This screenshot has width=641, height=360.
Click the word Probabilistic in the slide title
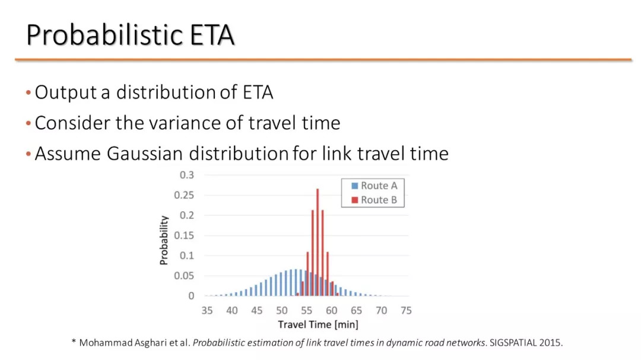click(x=104, y=35)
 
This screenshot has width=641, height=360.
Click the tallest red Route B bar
click(x=318, y=243)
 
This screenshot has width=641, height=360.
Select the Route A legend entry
click(x=374, y=186)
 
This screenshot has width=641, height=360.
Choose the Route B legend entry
click(x=374, y=200)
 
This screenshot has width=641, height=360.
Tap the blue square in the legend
click(x=354, y=186)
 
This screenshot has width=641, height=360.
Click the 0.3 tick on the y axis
click(x=187, y=175)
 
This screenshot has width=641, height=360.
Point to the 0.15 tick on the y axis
click(x=184, y=235)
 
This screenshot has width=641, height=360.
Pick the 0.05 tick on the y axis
click(x=184, y=276)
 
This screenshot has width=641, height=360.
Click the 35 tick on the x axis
click(x=207, y=311)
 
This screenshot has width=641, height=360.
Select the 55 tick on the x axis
click(x=307, y=311)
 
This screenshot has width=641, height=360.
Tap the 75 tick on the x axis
click(x=406, y=311)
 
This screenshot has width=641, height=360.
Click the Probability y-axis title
click(x=164, y=240)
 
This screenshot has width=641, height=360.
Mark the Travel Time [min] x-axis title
click(x=318, y=325)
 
